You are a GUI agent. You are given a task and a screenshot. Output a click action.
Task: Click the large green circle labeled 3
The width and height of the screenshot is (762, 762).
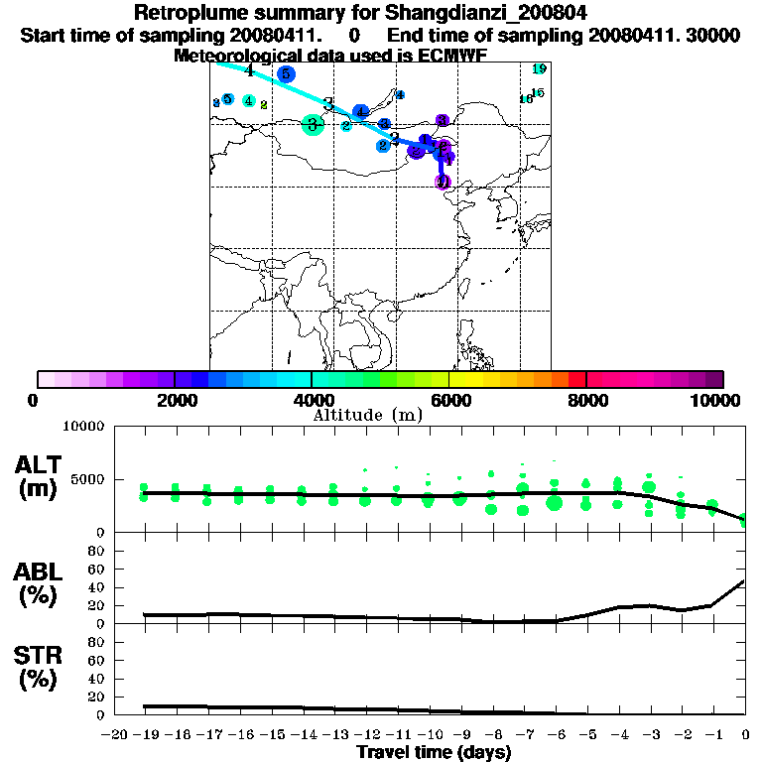click(x=313, y=124)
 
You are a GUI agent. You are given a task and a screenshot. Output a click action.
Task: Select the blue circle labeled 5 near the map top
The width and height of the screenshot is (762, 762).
click(x=286, y=73)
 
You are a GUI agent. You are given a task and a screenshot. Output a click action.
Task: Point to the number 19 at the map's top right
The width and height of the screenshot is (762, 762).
click(x=539, y=68)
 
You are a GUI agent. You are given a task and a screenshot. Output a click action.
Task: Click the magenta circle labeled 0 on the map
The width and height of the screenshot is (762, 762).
click(x=444, y=182)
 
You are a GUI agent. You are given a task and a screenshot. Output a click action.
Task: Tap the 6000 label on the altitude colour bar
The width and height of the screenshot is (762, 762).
click(x=448, y=400)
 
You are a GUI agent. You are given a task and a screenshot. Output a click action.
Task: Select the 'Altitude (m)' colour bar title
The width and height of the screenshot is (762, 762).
click(x=368, y=415)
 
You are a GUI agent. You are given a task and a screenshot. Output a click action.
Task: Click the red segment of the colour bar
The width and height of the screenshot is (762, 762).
click(x=576, y=379)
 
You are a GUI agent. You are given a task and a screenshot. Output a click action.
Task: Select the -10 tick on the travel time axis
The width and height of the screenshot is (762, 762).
click(x=429, y=733)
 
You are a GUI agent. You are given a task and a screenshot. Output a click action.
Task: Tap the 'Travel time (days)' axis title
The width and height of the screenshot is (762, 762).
click(x=434, y=752)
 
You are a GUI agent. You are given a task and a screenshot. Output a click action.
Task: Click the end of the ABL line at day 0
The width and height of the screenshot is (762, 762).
click(x=744, y=581)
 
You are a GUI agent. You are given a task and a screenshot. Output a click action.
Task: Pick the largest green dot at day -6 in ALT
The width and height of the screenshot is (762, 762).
click(x=554, y=503)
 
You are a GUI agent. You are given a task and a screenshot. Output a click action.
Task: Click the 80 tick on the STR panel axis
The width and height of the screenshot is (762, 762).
click(x=96, y=641)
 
